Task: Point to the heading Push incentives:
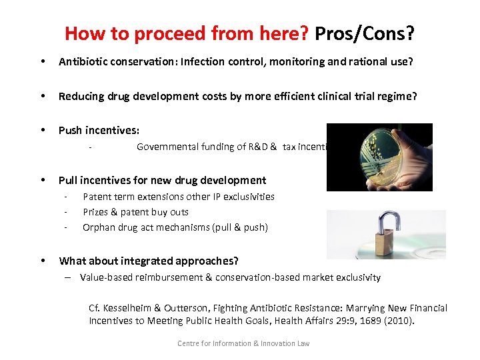99,130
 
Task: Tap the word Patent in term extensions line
97,197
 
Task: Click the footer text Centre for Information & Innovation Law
243,343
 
